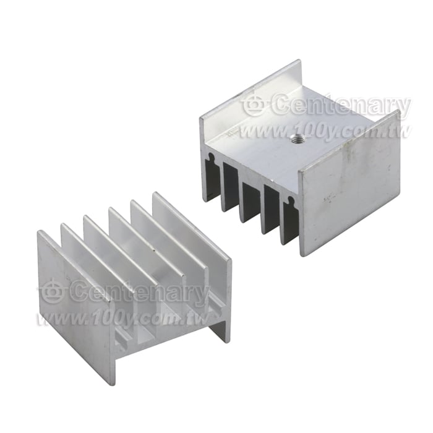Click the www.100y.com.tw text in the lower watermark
(x=123, y=319)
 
